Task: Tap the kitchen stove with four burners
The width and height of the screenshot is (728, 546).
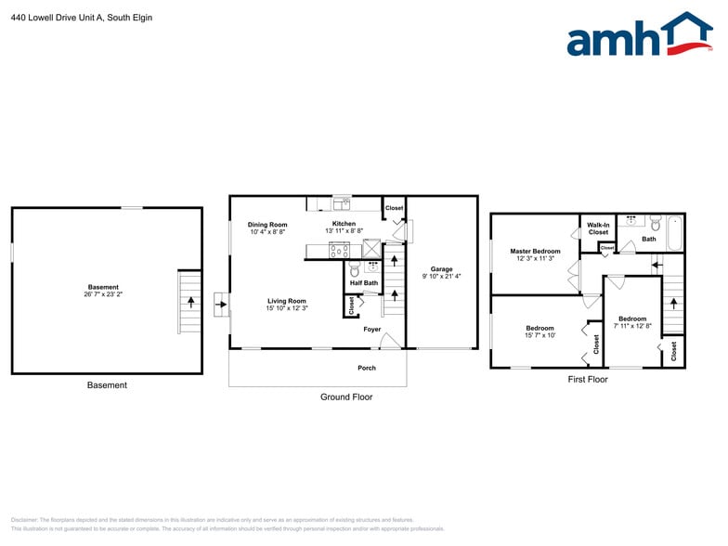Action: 339,249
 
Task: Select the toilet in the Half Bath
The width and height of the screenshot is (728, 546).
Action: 353,270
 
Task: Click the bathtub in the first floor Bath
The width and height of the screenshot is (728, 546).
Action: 675,233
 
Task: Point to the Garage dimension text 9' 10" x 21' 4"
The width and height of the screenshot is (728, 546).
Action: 442,276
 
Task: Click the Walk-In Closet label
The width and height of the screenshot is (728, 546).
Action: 598,228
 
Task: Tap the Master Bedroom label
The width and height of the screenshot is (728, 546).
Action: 535,252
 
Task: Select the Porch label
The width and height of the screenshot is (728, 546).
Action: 367,368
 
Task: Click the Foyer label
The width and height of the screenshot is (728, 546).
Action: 371,329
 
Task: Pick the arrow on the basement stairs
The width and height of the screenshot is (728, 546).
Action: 191,302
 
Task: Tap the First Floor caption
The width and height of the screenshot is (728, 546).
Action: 587,380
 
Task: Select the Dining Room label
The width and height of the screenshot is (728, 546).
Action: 267,225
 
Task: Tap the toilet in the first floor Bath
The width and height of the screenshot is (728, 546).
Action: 655,224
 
